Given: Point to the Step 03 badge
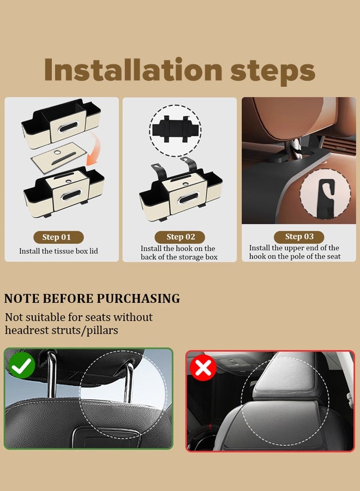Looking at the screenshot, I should (299, 237).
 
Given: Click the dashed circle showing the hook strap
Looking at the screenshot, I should (175, 130).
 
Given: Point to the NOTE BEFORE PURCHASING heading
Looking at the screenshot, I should (92, 299).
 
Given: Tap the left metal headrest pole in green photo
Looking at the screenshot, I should (51, 376).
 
